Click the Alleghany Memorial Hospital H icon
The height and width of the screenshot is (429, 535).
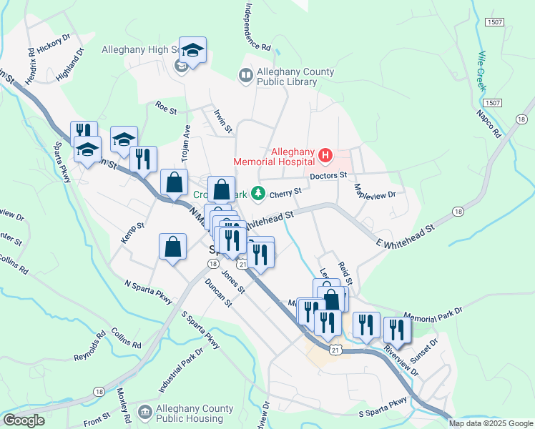tap(325, 154)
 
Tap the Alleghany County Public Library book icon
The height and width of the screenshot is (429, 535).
tap(245, 75)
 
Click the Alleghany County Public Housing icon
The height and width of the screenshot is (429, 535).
tap(145, 412)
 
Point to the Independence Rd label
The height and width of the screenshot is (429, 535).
tap(257, 27)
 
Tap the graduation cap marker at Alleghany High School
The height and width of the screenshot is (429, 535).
tap(192, 50)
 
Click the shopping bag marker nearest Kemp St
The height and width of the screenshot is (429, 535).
tap(172, 247)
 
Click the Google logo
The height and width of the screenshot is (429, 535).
tap(24, 420)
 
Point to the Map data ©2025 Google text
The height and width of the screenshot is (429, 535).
tap(491, 423)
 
